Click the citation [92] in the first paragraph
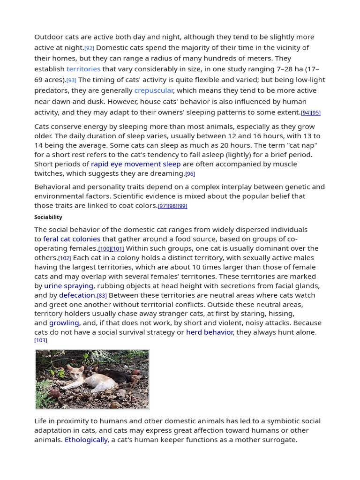[x=89, y=48]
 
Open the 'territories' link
[x=83, y=69]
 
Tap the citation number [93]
[x=71, y=80]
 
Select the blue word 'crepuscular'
[x=154, y=90]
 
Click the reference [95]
[x=316, y=113]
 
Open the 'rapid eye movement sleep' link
[x=135, y=164]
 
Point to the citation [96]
[x=190, y=174]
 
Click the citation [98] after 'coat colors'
[x=172, y=206]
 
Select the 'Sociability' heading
[x=48, y=217]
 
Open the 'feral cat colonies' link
[x=72, y=239]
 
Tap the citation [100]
[x=105, y=249]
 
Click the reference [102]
[x=65, y=258]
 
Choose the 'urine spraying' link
[x=69, y=286]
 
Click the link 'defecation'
[x=77, y=295]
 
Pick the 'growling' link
[x=64, y=323]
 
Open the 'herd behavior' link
[x=210, y=332]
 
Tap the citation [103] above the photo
[x=41, y=340]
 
